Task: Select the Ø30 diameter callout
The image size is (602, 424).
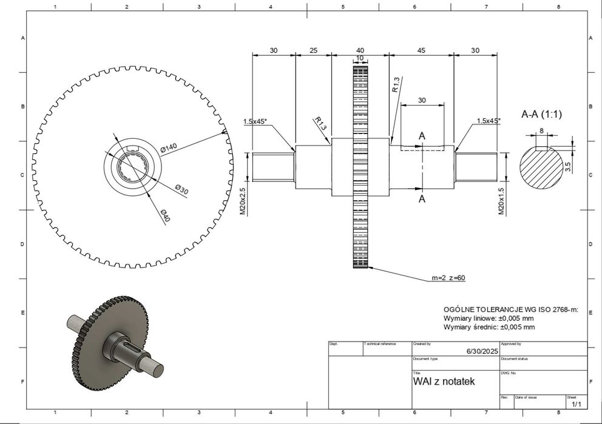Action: coord(182,190)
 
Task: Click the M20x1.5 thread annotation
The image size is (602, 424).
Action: coord(501,201)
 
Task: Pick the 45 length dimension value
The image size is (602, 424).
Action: coord(421,50)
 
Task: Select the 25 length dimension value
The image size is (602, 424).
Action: coord(313,50)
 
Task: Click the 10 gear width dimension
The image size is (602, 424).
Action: coord(360,58)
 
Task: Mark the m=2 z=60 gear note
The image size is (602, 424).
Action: coord(448,278)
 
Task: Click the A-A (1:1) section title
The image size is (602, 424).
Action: coord(546,114)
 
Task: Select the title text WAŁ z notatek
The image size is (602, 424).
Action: coord(444,382)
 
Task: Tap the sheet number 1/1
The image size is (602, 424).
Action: coord(576,403)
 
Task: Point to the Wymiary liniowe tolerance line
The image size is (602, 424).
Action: coord(489,318)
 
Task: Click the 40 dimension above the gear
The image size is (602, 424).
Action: coord(360,50)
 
